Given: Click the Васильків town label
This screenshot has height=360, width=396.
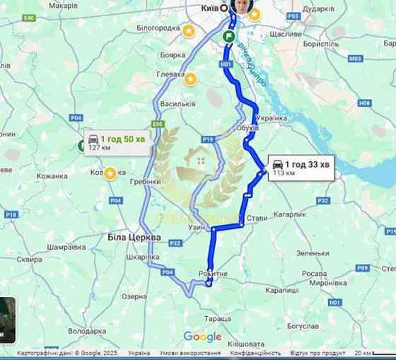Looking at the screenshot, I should [177, 104].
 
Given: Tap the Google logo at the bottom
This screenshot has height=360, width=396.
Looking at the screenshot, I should [202, 337].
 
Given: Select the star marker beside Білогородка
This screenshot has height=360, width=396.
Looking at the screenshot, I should [188, 31].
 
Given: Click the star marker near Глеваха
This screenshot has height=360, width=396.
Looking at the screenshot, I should [190, 79].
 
